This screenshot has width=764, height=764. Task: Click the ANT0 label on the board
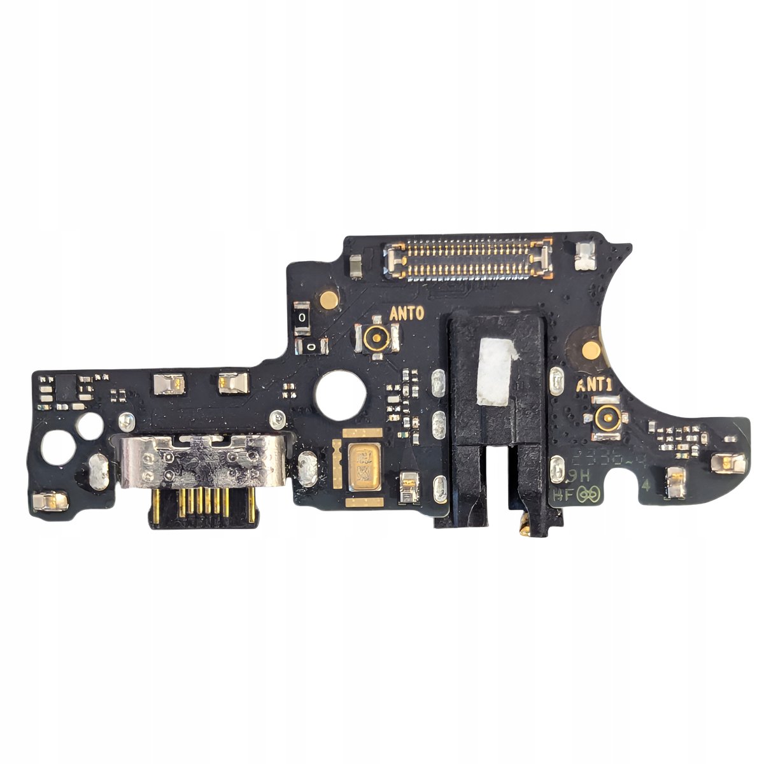coord(406,313)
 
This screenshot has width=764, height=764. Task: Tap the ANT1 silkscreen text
coord(595,385)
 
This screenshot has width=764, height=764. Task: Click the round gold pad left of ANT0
coord(327,298)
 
